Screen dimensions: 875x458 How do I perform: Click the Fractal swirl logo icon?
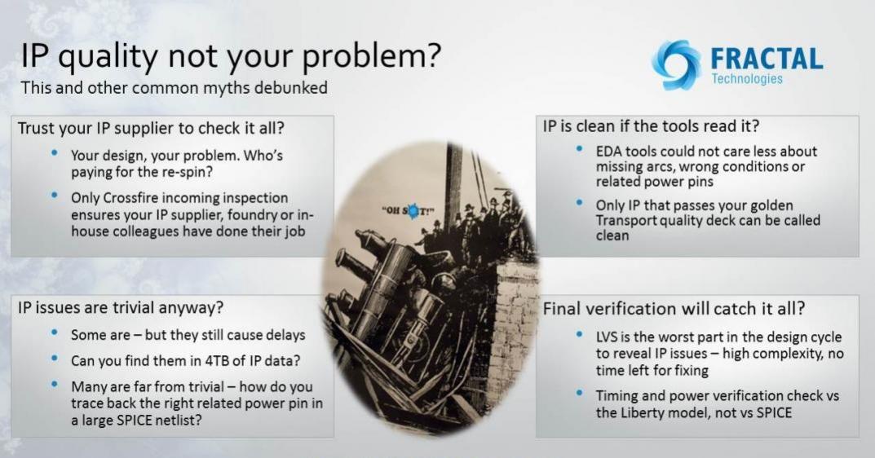676,64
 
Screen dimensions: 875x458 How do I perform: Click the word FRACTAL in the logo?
767,59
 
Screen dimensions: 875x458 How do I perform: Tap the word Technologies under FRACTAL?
747,79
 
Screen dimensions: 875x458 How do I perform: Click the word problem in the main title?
372,57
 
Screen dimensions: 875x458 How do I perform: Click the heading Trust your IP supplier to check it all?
151,128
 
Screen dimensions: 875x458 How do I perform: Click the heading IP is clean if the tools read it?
652,126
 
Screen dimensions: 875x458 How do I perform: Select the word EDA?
609,152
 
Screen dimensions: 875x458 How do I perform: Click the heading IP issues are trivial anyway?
121,307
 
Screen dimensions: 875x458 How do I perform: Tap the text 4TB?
217,361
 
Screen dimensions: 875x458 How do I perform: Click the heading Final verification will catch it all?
674,309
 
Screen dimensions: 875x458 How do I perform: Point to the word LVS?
608,337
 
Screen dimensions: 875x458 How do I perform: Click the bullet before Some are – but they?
54,332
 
